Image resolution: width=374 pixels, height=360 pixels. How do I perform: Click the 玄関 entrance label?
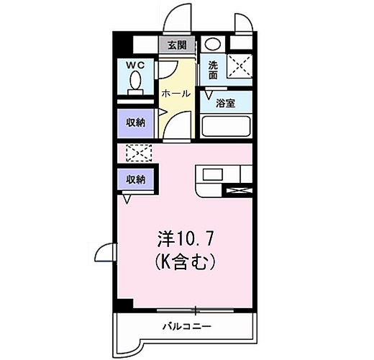[x=177, y=45]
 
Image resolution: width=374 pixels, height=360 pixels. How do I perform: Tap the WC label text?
[x=136, y=66]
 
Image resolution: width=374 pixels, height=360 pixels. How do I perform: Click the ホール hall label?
[x=175, y=94]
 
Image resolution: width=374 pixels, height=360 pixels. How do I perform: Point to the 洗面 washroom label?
[x=214, y=69]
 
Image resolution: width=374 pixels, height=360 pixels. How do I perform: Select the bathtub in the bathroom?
[x=227, y=127]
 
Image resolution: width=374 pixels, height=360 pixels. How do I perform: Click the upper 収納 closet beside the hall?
[x=136, y=122]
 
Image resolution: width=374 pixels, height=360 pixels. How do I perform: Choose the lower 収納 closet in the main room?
[x=136, y=179]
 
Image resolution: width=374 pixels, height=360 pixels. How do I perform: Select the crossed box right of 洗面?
[x=240, y=67]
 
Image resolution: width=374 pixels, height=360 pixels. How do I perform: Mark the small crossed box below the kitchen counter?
[x=239, y=191]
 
